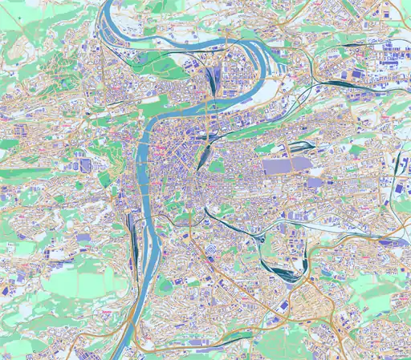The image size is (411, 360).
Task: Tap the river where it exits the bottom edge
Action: tap(120, 355)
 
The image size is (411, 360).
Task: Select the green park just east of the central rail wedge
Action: tap(217, 166)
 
